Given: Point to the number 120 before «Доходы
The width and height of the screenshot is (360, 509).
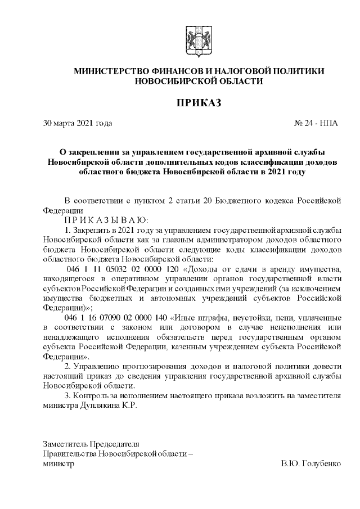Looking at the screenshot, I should coord(170,272).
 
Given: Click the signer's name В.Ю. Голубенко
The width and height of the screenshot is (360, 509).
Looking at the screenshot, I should coord(311,464).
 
